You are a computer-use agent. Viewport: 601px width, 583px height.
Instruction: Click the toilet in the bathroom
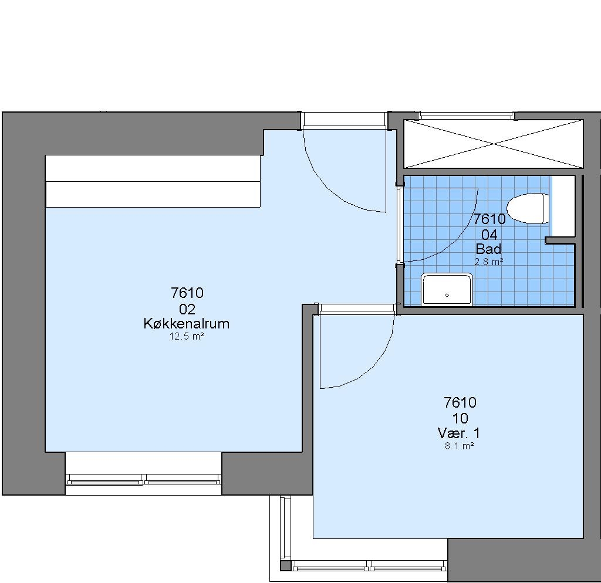pyautogui.click(x=528, y=208)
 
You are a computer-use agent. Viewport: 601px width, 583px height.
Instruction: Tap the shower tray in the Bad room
pyautogui.click(x=447, y=290)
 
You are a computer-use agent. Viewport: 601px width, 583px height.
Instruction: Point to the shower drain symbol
pyautogui.click(x=447, y=295)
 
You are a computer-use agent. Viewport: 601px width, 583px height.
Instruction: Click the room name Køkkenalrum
pyautogui.click(x=186, y=324)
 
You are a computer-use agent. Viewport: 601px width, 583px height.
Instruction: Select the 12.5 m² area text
pyautogui.click(x=186, y=337)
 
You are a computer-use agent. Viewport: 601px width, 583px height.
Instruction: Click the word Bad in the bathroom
pyautogui.click(x=488, y=249)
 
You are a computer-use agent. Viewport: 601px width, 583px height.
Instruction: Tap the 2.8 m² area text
pyautogui.click(x=489, y=262)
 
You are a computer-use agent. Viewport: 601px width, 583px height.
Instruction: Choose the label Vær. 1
pyautogui.click(x=459, y=433)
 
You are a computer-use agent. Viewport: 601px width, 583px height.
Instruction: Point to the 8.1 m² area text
pyautogui.click(x=459, y=446)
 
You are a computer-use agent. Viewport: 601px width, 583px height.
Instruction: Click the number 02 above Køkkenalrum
pyautogui.click(x=187, y=309)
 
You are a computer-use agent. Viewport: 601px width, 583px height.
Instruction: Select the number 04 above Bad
pyautogui.click(x=489, y=235)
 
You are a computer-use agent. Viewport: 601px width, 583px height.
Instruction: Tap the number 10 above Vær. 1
pyautogui.click(x=460, y=418)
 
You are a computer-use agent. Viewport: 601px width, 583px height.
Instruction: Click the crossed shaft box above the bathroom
pyautogui.click(x=493, y=144)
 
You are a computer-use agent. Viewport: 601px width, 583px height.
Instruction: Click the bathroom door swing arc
pyautogui.click(x=456, y=241)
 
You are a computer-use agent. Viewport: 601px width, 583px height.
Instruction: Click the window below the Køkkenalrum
pyautogui.click(x=143, y=479)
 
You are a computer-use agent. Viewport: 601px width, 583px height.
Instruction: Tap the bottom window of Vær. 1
pyautogui.click(x=369, y=565)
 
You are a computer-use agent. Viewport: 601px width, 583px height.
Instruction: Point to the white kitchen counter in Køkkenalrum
pyautogui.click(x=153, y=181)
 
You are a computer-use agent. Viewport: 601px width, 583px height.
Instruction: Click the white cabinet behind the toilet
pyautogui.click(x=562, y=206)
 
